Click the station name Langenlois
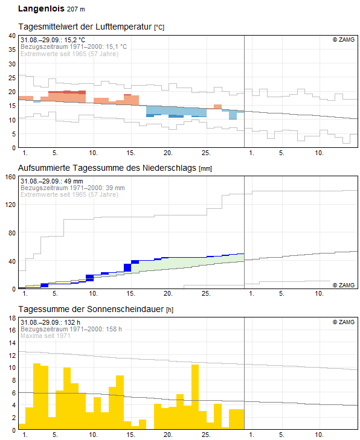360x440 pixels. (x=41, y=8)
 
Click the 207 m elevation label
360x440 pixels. (x=76, y=9)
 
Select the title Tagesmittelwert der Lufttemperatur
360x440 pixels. (x=85, y=27)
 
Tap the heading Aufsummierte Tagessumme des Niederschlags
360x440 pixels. (x=108, y=168)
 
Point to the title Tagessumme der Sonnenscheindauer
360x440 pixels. (x=91, y=309)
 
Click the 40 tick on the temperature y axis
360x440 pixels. (x=12, y=36)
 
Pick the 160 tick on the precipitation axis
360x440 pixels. (x=10, y=177)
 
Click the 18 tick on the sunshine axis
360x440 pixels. (x=12, y=318)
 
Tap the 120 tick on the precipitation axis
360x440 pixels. (x=10, y=205)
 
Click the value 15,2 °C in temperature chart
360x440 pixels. (x=74, y=40)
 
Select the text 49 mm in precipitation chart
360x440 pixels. (x=74, y=181)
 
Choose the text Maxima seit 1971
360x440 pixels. (x=45, y=336)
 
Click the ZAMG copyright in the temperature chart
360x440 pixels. (x=344, y=40)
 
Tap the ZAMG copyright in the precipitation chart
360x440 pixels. (x=344, y=285)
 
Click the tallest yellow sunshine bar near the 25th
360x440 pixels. (x=195, y=397)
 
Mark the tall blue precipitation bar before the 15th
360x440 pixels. (x=127, y=268)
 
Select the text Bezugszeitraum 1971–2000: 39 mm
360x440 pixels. (x=72, y=188)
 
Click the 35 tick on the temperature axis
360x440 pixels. (x=12, y=49)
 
